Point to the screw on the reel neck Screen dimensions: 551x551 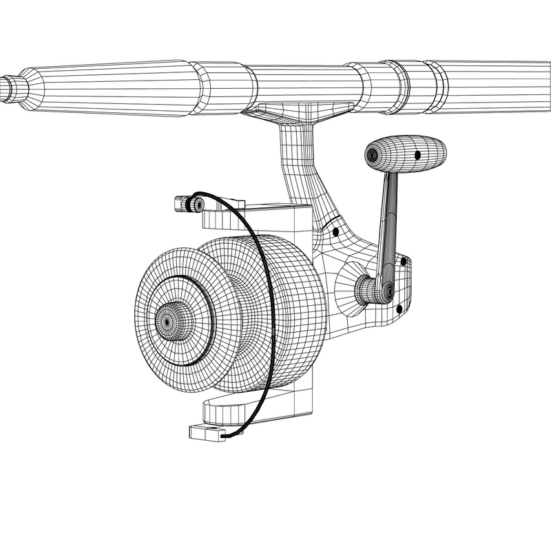[x=335, y=232]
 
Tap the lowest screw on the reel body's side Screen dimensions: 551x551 [x=399, y=306]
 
